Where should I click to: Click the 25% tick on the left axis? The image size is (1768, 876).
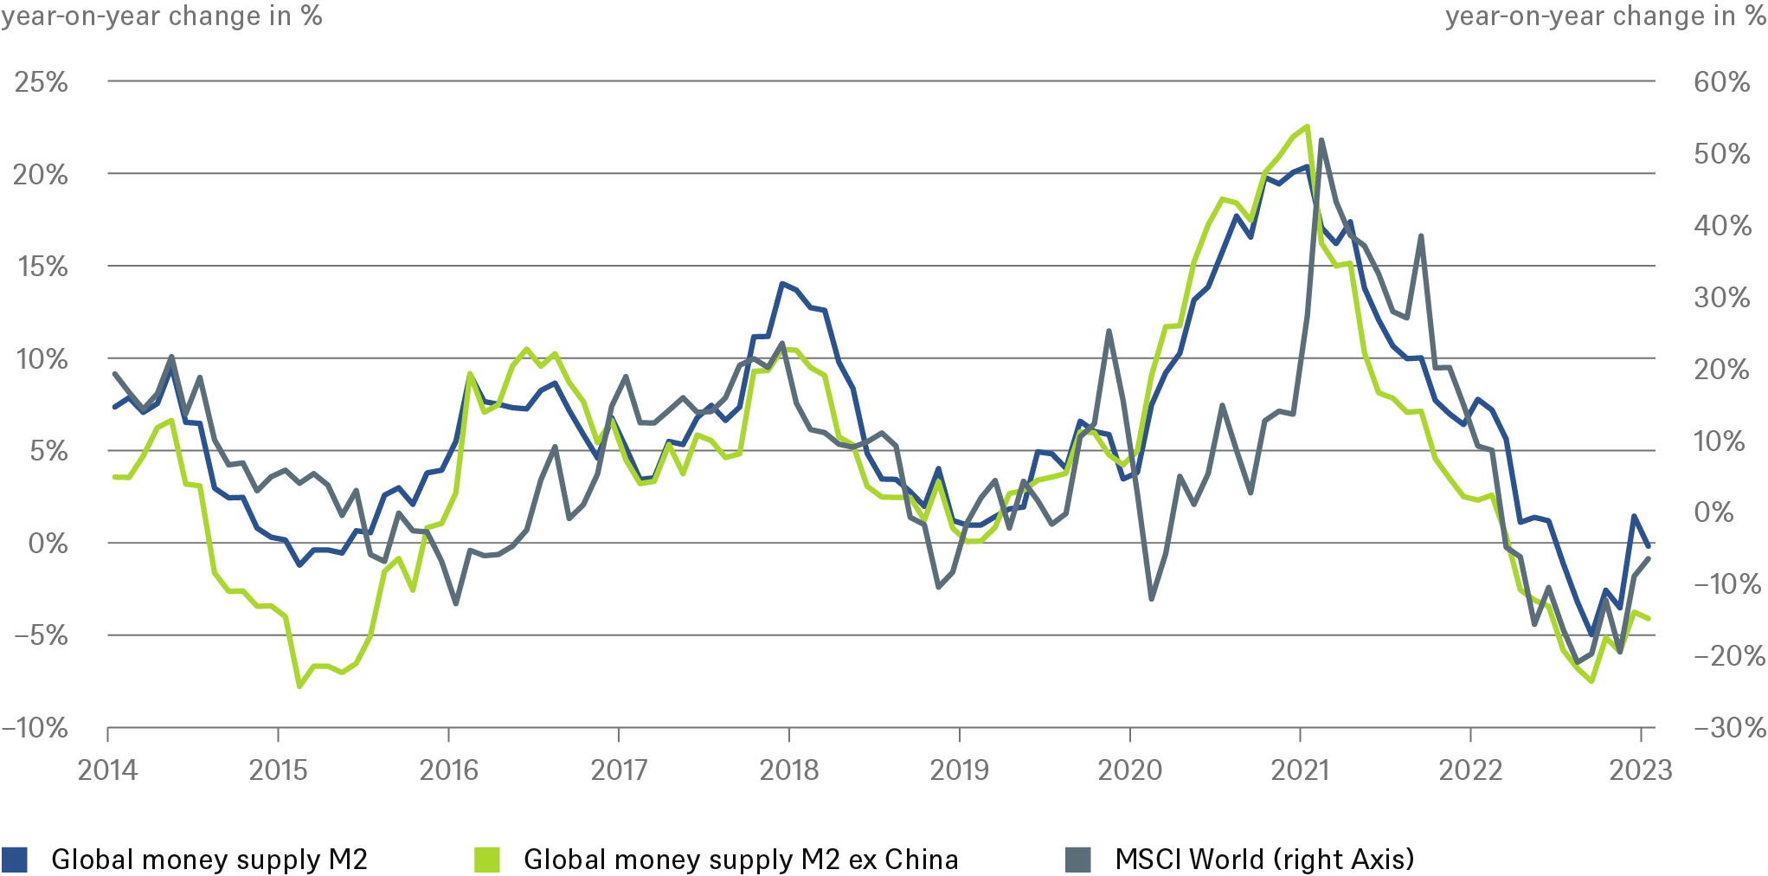(x=41, y=82)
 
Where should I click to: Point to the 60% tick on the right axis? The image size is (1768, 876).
(x=1721, y=82)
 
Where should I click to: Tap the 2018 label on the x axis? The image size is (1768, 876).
(x=788, y=770)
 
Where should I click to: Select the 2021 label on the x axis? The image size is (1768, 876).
(x=1300, y=770)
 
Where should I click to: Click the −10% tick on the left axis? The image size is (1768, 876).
(x=35, y=728)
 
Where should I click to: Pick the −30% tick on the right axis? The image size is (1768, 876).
(x=1728, y=728)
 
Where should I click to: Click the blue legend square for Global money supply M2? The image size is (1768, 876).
(x=15, y=859)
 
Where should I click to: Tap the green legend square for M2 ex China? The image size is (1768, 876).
(x=487, y=859)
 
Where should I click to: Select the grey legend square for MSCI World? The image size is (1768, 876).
(x=1078, y=859)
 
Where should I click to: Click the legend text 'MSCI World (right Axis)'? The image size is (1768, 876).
(x=1264, y=859)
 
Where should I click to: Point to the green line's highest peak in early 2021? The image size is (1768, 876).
(x=1307, y=126)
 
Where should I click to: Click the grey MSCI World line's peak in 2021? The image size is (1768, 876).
(x=1321, y=140)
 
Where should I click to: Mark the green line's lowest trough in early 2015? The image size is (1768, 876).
(x=299, y=686)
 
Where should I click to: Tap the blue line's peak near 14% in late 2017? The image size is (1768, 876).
(x=781, y=283)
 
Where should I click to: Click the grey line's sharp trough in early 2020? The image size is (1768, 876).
(x=1151, y=598)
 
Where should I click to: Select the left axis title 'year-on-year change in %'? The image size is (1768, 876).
(x=162, y=16)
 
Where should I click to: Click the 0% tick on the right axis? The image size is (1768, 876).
(x=1713, y=512)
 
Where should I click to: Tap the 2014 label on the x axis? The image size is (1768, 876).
(x=107, y=770)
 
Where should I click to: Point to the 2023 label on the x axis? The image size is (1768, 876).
(x=1640, y=770)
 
